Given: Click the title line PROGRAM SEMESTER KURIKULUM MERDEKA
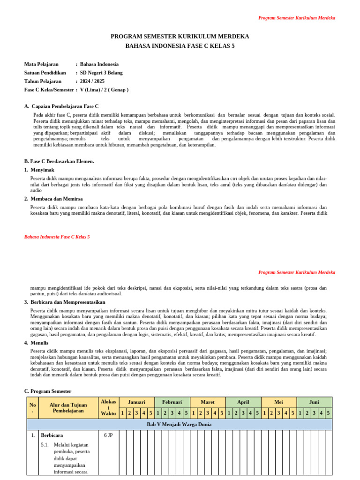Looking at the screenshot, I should pos(180,36).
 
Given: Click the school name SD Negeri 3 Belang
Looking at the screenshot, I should pos(101,73).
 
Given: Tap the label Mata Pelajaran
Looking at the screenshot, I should pos(41,64).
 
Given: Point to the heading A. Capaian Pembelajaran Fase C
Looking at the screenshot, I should pos(61,106).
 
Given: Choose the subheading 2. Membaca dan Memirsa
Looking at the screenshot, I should pos(56,199).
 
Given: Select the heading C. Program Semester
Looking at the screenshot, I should pos(48,391).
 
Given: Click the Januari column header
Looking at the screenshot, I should pos(137,402).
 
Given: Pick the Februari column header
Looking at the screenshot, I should pos(172,402).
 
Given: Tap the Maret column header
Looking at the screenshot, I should pos(208,402).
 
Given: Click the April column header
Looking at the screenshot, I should pos(243,402).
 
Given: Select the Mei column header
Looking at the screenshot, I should pos(279,402).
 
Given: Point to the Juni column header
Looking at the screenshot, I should pos(315,402).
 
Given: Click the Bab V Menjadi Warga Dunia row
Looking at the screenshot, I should pos(179,425).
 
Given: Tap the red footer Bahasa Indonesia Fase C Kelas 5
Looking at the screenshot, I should pos(57,237).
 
